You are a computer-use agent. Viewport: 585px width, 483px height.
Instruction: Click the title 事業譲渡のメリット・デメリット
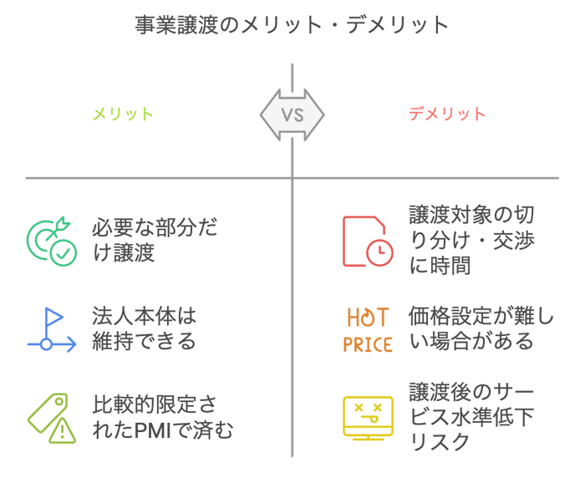coord(292,25)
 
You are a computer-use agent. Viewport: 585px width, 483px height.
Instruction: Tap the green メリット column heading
coord(123,114)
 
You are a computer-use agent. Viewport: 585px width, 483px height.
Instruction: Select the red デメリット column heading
coord(447,114)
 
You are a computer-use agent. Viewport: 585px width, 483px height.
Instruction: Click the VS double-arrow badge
coord(292,114)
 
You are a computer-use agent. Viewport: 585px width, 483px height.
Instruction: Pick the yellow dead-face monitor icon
coord(368,416)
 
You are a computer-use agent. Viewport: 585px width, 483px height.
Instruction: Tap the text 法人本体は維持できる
coord(144,329)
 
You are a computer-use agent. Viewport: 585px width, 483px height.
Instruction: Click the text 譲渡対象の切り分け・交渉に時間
coord(471,241)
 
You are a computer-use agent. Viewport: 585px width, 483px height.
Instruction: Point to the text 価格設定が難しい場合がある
coord(481,329)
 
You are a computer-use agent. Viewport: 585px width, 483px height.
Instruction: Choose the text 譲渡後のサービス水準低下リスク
coord(471,417)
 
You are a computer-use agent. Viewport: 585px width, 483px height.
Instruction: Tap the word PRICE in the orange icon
coord(368,343)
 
